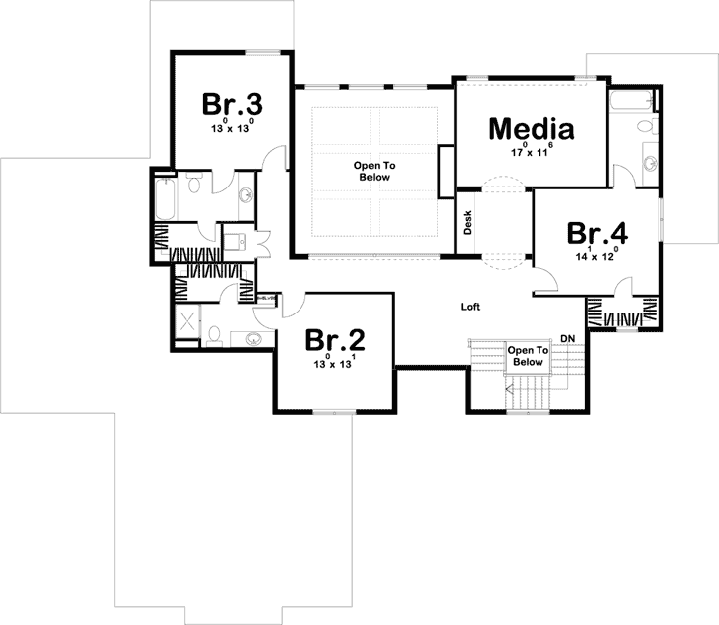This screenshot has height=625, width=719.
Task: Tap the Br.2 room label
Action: [x=335, y=341]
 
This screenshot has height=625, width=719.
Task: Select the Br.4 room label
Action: [x=597, y=234]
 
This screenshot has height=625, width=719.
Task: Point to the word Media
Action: [x=532, y=129]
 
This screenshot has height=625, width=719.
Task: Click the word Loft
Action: [x=470, y=307]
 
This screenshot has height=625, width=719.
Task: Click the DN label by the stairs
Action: [x=568, y=339]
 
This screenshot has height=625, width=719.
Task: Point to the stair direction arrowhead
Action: [x=510, y=390]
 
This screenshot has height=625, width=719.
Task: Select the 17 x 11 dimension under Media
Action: [x=531, y=152]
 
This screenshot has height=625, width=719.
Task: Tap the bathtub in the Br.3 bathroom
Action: [x=164, y=198]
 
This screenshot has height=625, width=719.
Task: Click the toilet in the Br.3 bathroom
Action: [x=194, y=186]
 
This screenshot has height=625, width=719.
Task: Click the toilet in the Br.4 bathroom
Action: [x=643, y=126]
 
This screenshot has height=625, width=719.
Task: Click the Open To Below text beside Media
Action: [x=374, y=171]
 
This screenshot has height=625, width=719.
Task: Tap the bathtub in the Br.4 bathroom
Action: [x=628, y=101]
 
